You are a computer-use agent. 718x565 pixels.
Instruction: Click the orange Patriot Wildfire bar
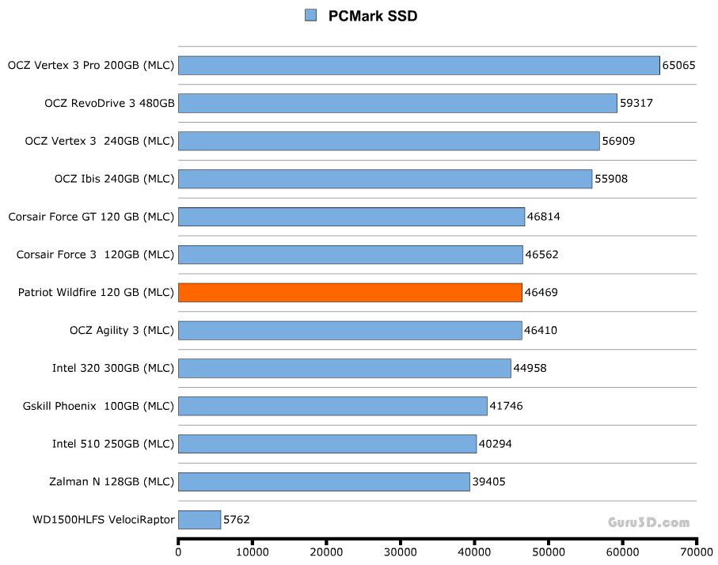click(350, 293)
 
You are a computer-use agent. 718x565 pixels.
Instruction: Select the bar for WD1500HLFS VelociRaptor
click(199, 520)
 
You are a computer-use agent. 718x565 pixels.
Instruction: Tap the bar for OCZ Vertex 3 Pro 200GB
click(419, 65)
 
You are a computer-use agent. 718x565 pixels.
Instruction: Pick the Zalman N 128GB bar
click(324, 482)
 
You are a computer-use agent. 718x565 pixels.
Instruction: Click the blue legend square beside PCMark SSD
click(311, 15)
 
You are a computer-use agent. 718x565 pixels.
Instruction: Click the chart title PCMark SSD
click(372, 16)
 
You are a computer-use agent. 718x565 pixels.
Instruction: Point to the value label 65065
click(679, 65)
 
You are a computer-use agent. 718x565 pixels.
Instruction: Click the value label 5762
click(237, 520)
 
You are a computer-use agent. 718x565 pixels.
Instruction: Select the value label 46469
click(541, 293)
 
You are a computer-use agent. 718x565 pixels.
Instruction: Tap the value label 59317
click(636, 103)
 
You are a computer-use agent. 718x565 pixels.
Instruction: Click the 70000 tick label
click(697, 553)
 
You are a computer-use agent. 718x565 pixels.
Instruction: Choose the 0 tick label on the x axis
click(178, 553)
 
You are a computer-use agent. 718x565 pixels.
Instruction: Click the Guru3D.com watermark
click(648, 522)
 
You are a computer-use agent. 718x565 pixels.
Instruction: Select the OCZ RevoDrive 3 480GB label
click(109, 103)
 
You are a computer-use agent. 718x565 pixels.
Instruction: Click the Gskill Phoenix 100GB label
click(99, 406)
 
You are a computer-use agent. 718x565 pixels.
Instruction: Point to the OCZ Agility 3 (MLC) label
click(122, 330)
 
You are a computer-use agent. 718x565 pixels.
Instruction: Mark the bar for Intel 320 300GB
click(344, 368)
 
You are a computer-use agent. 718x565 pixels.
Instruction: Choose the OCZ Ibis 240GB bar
click(385, 179)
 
